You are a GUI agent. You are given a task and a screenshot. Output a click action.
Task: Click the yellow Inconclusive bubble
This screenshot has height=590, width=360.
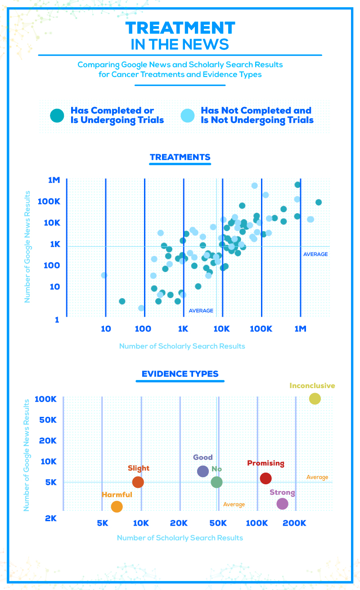[x=315, y=398]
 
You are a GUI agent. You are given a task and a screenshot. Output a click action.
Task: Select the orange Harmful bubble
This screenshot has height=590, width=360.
[x=117, y=506]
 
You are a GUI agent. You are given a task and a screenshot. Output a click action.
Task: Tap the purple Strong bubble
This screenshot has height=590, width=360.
[x=282, y=504]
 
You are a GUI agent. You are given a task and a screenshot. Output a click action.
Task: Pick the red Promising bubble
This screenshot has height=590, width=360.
[x=266, y=478]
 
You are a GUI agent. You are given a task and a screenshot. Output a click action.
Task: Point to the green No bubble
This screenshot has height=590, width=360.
[x=216, y=482]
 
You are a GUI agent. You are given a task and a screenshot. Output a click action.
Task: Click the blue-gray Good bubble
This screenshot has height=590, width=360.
[x=203, y=471]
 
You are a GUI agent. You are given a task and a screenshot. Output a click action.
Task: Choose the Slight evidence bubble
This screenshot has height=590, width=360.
[x=138, y=482]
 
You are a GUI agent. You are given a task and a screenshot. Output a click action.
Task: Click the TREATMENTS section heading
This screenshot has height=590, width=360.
[x=180, y=157]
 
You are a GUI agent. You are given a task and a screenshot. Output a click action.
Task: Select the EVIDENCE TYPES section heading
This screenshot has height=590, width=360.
[x=180, y=374]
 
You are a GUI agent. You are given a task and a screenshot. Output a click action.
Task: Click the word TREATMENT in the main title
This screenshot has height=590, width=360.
[x=180, y=28]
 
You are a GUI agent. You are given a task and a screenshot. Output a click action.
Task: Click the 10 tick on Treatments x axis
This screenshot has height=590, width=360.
[x=105, y=329]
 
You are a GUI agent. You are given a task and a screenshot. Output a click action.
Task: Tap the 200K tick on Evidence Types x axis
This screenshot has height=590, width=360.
[x=296, y=523]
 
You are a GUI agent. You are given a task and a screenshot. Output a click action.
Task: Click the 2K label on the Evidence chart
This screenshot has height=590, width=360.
[x=50, y=518]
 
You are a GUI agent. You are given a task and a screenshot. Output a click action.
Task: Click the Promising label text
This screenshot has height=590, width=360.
[x=265, y=463]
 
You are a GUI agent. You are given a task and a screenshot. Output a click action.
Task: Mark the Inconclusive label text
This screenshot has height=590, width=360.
[x=312, y=385]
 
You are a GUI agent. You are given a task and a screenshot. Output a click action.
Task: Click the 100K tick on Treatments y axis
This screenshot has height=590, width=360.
[x=48, y=201]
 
